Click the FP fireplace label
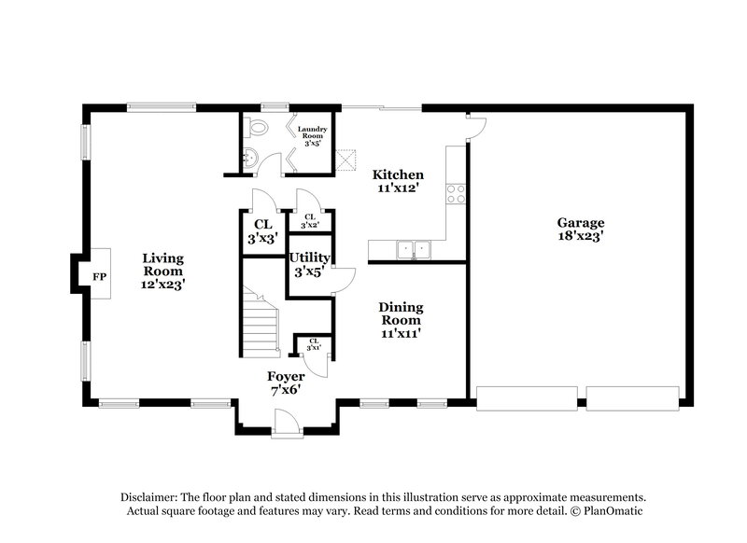tap(98, 275)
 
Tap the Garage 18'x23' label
tap(581, 230)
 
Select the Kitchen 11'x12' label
tap(399, 181)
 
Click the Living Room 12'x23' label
tap(162, 271)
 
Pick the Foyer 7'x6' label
tap(286, 383)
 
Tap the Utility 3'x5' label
tap(307, 265)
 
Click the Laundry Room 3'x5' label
tap(310, 136)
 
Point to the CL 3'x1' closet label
tap(314, 345)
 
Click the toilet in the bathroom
tap(259, 130)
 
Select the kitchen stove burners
tap(457, 193)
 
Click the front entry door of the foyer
tap(286, 425)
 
